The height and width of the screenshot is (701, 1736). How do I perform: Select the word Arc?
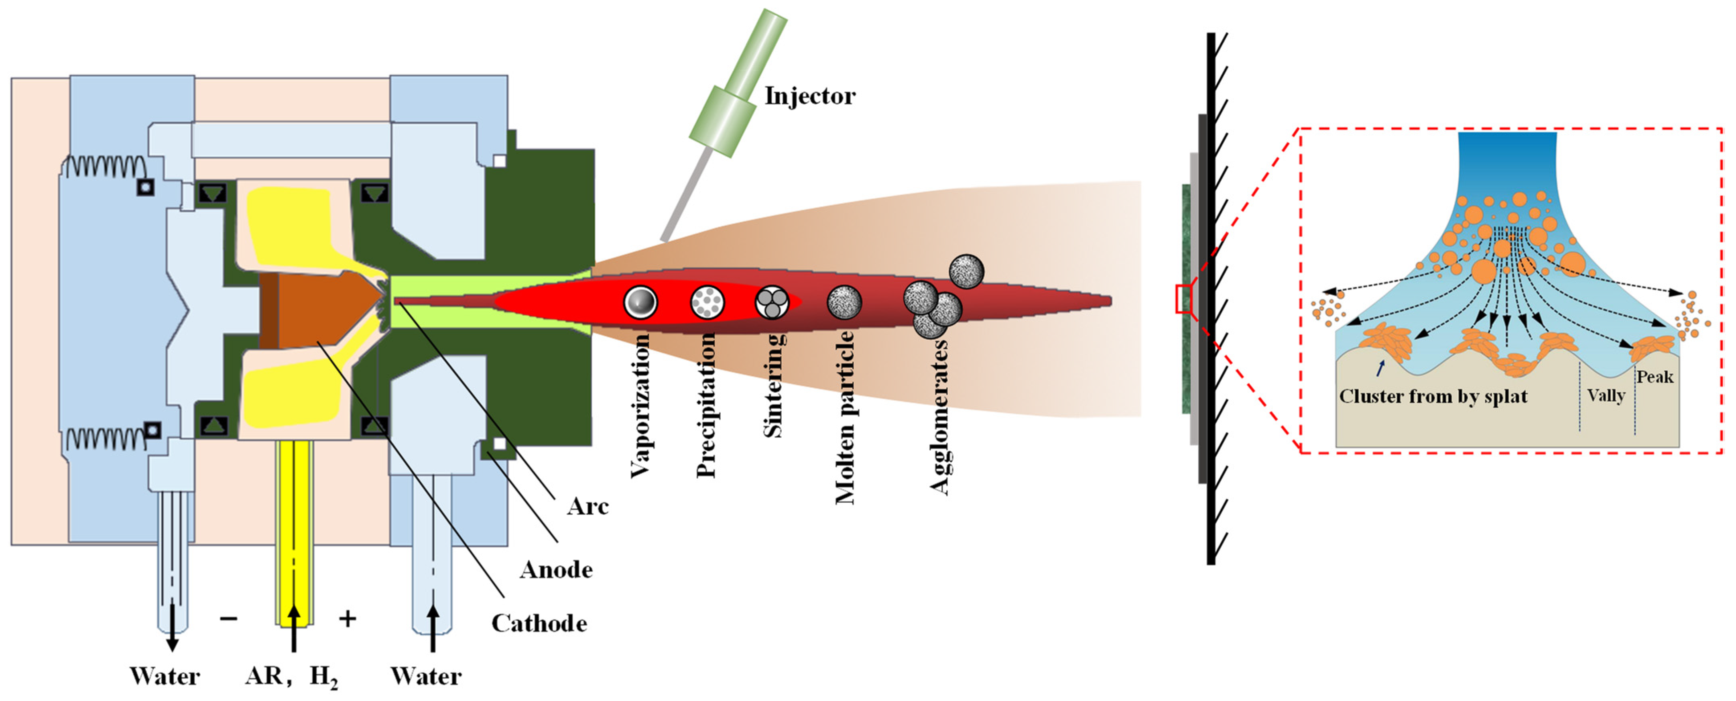(x=587, y=506)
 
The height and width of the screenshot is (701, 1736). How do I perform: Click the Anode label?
(x=556, y=570)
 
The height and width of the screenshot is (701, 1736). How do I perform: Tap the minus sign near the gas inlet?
(x=228, y=618)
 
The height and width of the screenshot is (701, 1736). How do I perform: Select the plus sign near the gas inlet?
(x=347, y=618)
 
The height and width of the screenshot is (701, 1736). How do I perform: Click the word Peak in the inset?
(x=1655, y=377)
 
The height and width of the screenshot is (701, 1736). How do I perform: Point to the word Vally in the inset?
(x=1606, y=395)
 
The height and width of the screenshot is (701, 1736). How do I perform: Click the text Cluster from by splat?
(x=1433, y=396)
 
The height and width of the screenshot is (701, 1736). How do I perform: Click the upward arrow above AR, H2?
(x=294, y=627)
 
